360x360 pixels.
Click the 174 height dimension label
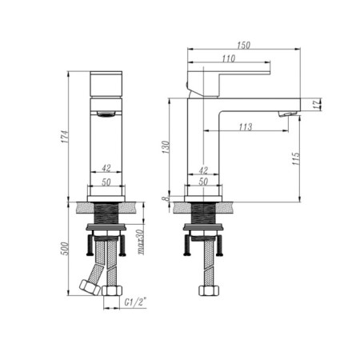[65, 137]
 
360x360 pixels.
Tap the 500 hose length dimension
[65, 249]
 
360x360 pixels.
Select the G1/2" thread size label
[136, 302]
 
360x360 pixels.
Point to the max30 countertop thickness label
[141, 242]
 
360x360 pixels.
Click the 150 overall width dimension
[244, 45]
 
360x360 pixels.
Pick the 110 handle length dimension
[229, 58]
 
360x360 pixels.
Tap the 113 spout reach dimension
[246, 126]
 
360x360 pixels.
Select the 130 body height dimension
[166, 147]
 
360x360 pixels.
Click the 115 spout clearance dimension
[296, 158]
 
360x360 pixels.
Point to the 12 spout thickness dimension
[317, 104]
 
